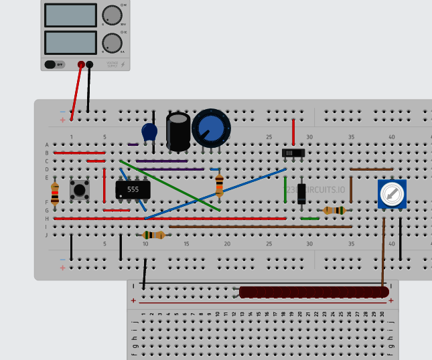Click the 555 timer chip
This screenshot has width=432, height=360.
133,189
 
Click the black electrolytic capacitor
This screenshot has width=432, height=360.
178,131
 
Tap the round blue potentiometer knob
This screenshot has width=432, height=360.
211,128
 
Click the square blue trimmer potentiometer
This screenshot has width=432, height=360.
391,194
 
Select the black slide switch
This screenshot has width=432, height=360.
293,153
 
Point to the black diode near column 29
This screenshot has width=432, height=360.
302,193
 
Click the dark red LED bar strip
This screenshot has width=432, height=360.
313,292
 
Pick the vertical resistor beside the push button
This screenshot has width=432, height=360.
55,192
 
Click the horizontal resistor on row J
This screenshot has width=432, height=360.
153,235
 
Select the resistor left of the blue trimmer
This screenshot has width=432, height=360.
334,210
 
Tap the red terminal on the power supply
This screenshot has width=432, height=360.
81,64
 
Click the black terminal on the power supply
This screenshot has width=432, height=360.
90,64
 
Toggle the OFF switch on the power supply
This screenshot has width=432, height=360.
55,64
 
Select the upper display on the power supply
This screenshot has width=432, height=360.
70,15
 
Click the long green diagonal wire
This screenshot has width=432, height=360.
170,185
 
